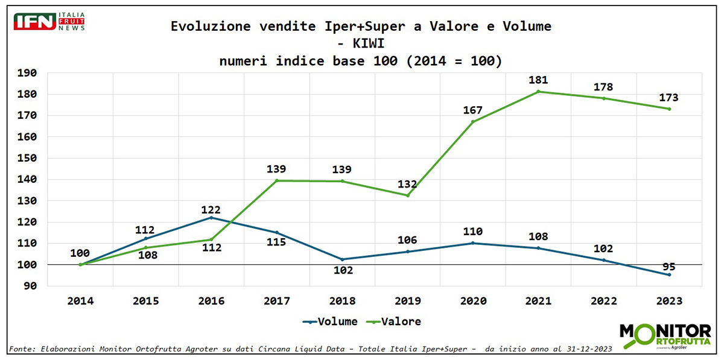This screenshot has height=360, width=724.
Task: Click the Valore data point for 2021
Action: (x=538, y=92)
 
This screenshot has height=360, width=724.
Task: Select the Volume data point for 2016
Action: (x=211, y=217)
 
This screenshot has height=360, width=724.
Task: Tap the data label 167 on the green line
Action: (x=473, y=110)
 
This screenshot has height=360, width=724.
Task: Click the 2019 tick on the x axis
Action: (x=407, y=301)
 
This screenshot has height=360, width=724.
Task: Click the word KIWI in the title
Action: (x=361, y=44)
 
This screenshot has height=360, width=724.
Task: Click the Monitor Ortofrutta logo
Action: (x=665, y=335)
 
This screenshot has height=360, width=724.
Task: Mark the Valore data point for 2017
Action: (x=277, y=180)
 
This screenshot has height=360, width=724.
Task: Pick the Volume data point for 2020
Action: (x=473, y=243)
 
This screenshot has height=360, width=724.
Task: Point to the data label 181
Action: (x=538, y=80)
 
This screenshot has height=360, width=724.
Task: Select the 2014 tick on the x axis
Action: (x=80, y=301)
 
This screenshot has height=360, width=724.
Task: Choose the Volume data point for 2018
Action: (x=342, y=259)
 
